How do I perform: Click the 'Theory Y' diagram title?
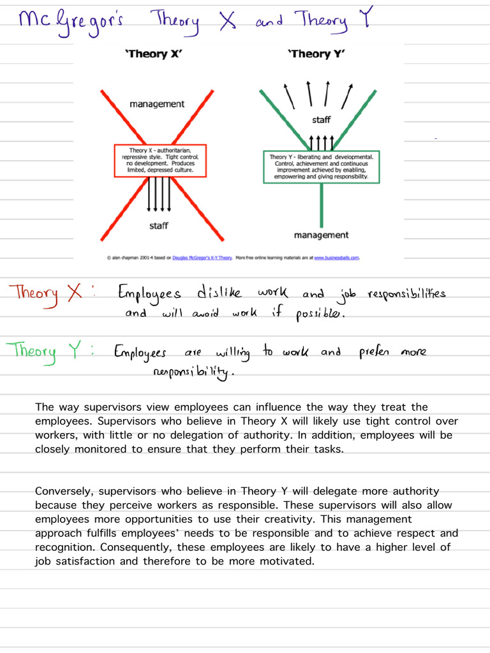click(317, 54)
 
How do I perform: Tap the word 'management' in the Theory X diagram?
click(157, 104)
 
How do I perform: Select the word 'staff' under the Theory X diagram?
click(159, 226)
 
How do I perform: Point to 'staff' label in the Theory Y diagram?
click(322, 120)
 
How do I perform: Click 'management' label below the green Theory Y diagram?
click(321, 235)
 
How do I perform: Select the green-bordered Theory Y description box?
click(322, 166)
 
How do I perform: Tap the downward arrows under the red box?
click(159, 194)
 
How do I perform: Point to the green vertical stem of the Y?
click(322, 204)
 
